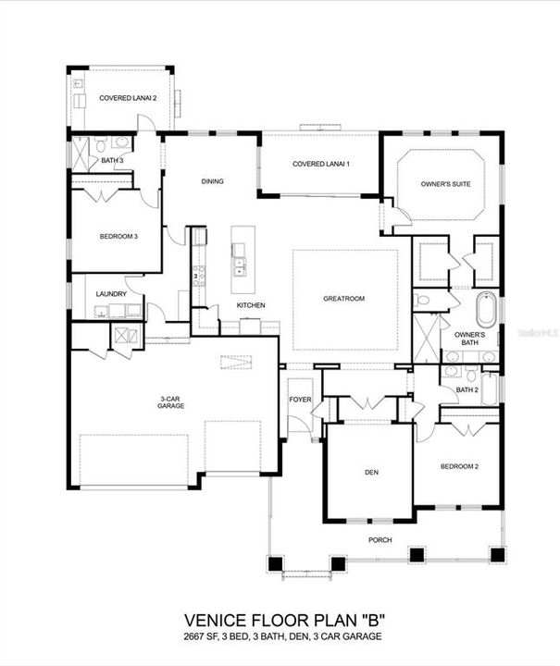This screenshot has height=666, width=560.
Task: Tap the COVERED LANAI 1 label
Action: [320, 164]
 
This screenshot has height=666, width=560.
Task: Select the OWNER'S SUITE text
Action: [445, 184]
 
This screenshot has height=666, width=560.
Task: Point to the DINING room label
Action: [212, 181]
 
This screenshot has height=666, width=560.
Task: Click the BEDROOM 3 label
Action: [118, 237]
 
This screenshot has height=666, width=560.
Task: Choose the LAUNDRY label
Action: [111, 294]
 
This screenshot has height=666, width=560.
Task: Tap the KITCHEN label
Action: [251, 305]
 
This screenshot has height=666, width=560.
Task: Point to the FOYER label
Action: [300, 401]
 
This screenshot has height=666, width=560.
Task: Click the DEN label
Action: [367, 473]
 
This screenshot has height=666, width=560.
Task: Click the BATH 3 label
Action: [112, 161]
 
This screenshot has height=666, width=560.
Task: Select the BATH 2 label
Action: [467, 389]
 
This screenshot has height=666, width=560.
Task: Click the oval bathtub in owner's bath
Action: [486, 309]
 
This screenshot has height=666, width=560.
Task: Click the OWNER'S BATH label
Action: [466, 339]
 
